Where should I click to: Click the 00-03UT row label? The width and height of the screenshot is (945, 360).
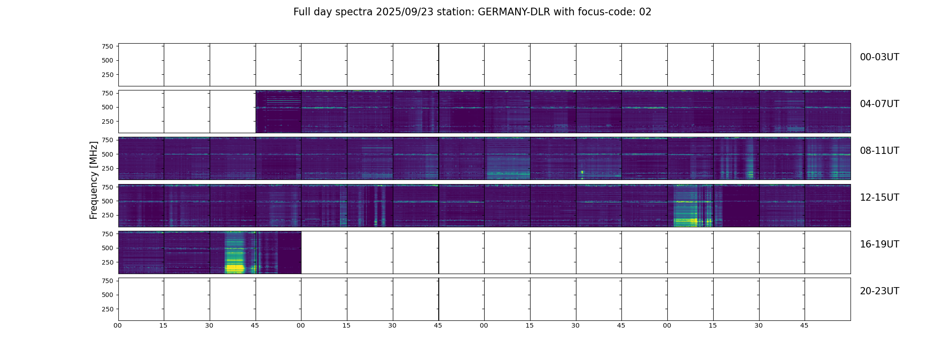[879, 57]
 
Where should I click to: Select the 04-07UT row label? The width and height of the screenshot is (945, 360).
[879, 104]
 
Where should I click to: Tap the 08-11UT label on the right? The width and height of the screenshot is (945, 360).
[879, 151]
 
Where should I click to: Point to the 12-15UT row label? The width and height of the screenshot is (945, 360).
[879, 198]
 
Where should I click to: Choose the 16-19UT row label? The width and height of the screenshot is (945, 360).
[879, 244]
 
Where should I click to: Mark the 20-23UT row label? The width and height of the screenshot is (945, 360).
[879, 291]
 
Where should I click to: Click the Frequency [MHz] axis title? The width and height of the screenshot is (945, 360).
[94, 180]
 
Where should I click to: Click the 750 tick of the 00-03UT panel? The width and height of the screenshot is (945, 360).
[107, 46]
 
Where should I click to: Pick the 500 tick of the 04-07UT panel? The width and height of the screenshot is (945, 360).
[107, 107]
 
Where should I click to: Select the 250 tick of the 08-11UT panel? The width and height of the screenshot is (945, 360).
[107, 168]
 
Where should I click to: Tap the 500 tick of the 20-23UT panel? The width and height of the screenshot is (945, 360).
[107, 295]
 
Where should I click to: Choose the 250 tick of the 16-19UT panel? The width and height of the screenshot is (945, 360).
[107, 262]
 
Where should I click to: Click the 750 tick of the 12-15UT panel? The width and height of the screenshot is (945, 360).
[107, 187]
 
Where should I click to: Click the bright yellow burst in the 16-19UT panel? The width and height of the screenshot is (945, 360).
[234, 268]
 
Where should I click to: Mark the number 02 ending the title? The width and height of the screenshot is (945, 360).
[645, 12]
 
